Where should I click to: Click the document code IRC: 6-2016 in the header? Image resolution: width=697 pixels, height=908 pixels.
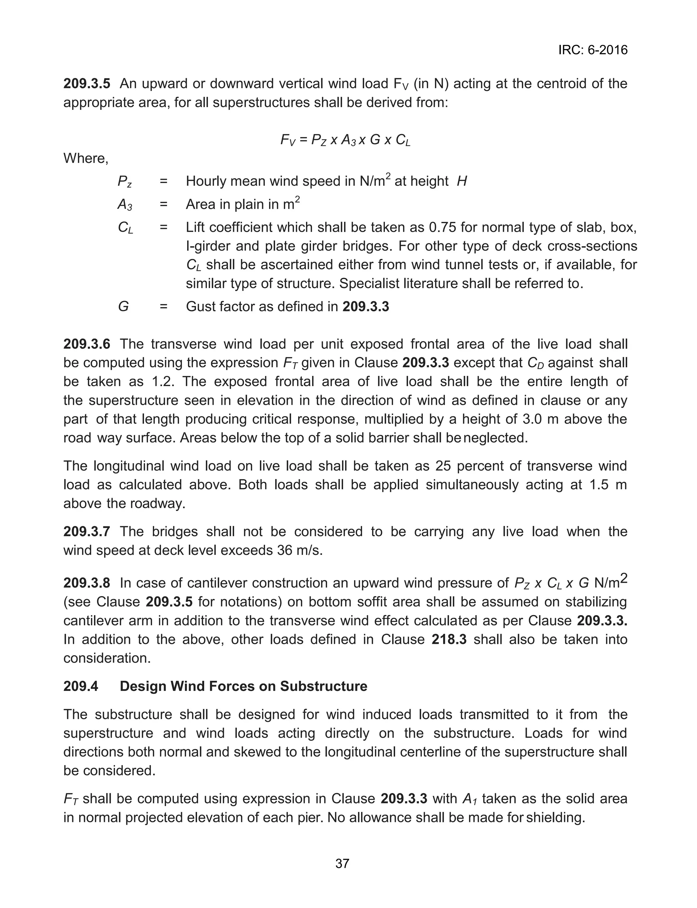[593, 50]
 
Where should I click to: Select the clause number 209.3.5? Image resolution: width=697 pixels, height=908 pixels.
[87, 84]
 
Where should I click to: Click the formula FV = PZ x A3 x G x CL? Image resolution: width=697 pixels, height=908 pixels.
[345, 140]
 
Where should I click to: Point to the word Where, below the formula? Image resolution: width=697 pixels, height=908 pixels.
[86, 159]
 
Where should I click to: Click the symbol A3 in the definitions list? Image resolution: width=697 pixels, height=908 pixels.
[125, 204]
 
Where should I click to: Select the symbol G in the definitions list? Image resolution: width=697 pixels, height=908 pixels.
[123, 307]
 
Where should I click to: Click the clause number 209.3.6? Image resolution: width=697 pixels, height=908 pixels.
[87, 344]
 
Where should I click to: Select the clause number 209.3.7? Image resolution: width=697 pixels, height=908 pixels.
[87, 531]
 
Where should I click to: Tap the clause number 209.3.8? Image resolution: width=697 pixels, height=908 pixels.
[87, 583]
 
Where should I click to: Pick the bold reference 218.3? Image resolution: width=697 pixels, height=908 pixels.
[449, 639]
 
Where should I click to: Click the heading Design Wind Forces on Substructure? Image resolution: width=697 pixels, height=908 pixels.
[243, 686]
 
